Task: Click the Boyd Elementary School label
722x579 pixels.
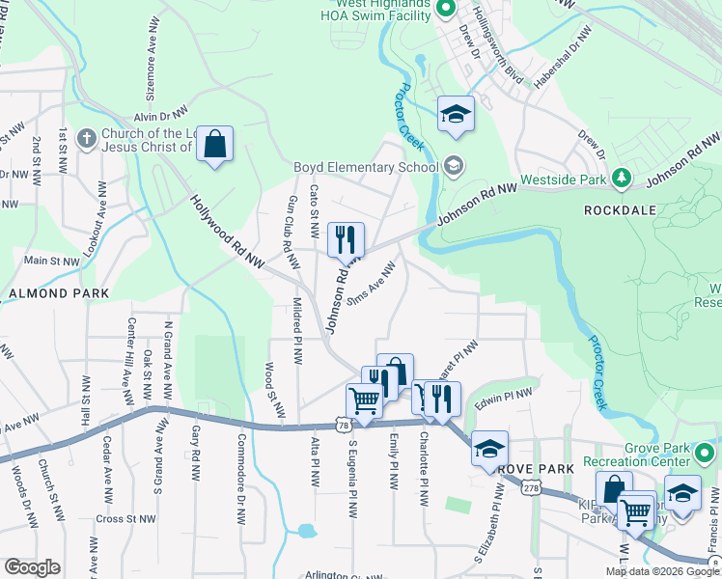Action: tap(366, 166)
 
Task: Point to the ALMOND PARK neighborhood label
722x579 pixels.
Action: tap(52, 292)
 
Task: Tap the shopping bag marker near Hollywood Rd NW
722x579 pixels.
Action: tap(215, 146)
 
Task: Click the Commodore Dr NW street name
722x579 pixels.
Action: tap(238, 457)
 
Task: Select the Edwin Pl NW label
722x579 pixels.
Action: tap(503, 395)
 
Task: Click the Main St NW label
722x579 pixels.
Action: tap(51, 261)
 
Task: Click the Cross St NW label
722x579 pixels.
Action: tap(126, 518)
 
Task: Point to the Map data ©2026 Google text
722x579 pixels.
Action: tap(662, 571)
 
